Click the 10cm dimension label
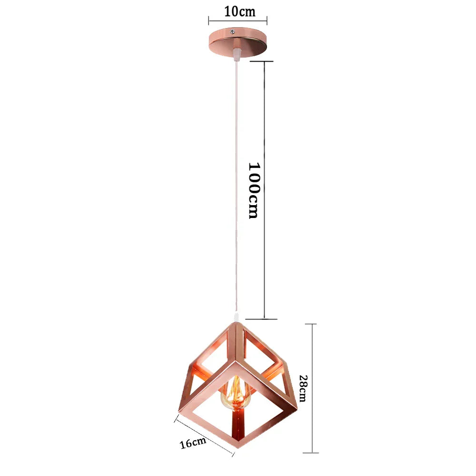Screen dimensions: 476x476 pyautogui.click(x=240, y=11)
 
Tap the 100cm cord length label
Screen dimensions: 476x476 pyautogui.click(x=254, y=190)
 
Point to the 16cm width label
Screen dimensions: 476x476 pyautogui.click(x=193, y=443)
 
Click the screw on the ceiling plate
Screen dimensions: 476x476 pyautogui.click(x=231, y=32)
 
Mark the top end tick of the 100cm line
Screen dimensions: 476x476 pyautogui.click(x=264, y=61)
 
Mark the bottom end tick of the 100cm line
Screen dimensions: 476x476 pyautogui.click(x=264, y=318)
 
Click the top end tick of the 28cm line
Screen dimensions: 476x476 pyautogui.click(x=311, y=324)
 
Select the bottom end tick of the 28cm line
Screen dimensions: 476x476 pyautogui.click(x=311, y=452)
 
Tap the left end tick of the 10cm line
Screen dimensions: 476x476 pyautogui.click(x=208, y=20)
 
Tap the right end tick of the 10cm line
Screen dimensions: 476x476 pyautogui.click(x=267, y=20)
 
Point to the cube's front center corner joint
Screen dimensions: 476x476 pyautogui.click(x=235, y=363)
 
